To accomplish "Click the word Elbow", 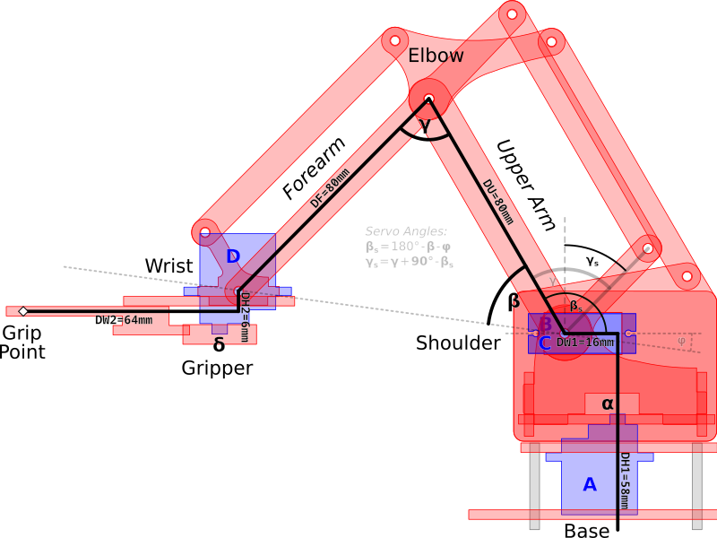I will click(x=436, y=56).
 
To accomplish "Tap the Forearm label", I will click(x=313, y=169).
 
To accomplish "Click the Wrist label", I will click(x=169, y=266).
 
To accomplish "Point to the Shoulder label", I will click(x=458, y=343).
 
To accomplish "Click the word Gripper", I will click(x=218, y=368).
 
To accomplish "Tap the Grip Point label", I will click(x=22, y=342).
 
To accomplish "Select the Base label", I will click(x=587, y=531).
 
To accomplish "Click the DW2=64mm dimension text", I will click(x=124, y=320).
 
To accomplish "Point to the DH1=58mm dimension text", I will click(x=625, y=484).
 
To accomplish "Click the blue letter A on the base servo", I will click(x=590, y=485).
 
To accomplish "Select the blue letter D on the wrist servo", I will click(x=233, y=257).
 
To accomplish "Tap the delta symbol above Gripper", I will click(x=219, y=344).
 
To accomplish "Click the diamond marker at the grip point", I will click(x=23, y=311).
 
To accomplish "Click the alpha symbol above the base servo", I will click(x=609, y=404).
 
